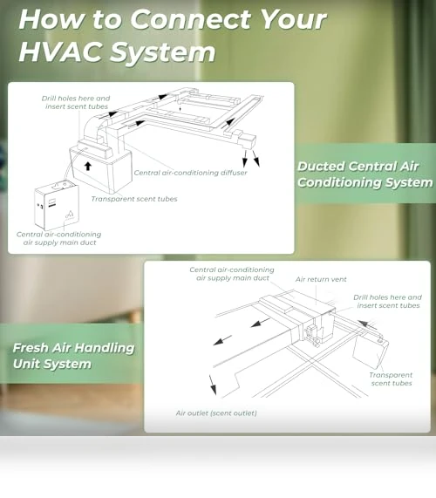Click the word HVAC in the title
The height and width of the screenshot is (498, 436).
62,51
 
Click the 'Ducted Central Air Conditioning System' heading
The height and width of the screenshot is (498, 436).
364,174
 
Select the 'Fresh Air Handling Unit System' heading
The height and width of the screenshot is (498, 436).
73,356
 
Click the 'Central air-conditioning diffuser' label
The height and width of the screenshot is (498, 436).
190,173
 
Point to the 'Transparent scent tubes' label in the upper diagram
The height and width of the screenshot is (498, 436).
134,199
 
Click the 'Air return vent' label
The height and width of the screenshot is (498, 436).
321,279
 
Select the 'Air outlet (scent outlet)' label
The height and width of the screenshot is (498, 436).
216,413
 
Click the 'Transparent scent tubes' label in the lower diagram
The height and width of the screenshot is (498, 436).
391,379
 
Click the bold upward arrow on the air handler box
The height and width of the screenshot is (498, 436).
88,166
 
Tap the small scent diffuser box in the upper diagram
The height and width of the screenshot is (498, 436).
57,206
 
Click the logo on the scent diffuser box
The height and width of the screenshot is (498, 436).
70,215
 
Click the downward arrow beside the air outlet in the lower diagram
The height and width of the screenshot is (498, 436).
213,385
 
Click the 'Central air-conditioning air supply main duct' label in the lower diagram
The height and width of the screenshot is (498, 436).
232,274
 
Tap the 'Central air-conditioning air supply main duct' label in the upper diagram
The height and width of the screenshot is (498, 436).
58,238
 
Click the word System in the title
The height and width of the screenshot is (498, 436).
163,52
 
